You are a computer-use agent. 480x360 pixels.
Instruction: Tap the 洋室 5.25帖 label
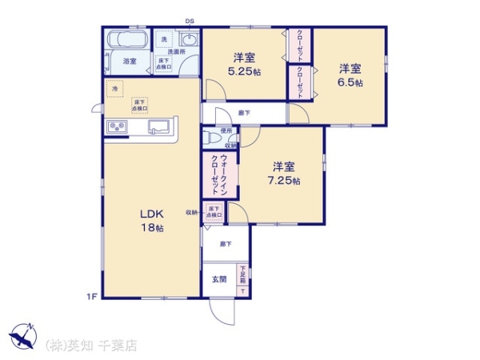coord(245,64)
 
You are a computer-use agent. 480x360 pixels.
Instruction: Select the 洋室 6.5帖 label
coord(350,74)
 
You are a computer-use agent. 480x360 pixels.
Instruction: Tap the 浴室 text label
coord(129,61)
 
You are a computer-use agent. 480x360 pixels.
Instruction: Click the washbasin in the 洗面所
coord(190,41)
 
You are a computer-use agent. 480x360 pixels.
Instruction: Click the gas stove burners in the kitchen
coord(114,128)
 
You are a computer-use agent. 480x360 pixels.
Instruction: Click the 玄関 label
coord(218,279)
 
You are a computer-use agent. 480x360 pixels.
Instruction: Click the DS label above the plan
coord(190,22)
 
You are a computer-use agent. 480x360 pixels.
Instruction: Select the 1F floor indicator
coord(91,298)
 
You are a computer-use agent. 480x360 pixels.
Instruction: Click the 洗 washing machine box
coord(164,39)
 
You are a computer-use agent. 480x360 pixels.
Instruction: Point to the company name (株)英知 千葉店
coord(91,346)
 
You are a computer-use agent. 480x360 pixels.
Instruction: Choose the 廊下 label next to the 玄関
coord(226,244)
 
